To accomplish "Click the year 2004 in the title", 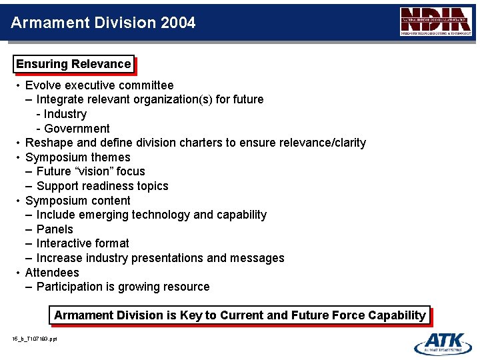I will (178, 23).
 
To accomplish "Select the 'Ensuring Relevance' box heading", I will (73, 64).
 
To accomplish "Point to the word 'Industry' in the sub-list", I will (65, 114).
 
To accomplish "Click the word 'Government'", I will (77, 129).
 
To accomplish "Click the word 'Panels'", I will (55, 229).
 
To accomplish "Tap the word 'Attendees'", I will (52, 273).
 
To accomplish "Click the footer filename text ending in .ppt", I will (34, 339).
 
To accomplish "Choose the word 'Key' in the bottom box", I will (191, 315).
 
